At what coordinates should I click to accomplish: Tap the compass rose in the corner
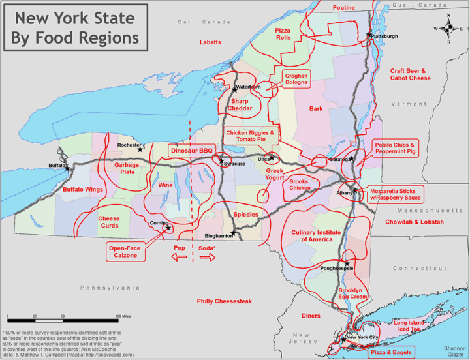(448, 29)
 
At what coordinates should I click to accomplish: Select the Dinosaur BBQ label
(192, 151)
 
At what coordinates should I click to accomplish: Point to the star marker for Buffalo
(67, 168)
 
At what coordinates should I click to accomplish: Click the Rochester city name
(129, 145)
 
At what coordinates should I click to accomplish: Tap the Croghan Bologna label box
(296, 80)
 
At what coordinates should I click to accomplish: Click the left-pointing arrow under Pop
(180, 258)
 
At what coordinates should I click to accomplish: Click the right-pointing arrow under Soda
(208, 258)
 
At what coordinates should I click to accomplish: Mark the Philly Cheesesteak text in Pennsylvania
(224, 301)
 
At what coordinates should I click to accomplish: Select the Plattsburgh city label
(384, 37)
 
